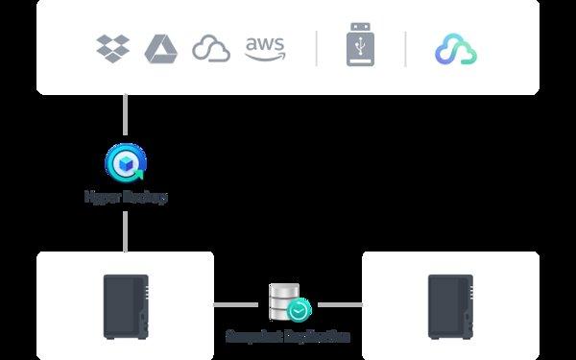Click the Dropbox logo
click(x=113, y=47)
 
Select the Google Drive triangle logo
click(x=160, y=48)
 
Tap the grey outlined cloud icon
click(x=211, y=48)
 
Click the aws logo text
click(x=264, y=43)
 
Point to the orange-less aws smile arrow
click(x=265, y=57)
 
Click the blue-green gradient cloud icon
click(x=455, y=49)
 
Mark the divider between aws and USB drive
click(x=317, y=48)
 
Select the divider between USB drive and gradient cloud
click(x=405, y=48)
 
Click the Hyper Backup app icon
click(x=126, y=162)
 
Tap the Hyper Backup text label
click(x=126, y=197)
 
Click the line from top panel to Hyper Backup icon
click(x=126, y=117)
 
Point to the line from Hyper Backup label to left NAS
click(x=126, y=230)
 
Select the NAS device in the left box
click(x=126, y=304)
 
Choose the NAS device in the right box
click(x=450, y=304)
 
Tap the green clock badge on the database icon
click(x=300, y=310)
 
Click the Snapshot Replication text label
click(x=288, y=337)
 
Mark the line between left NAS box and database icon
click(x=236, y=304)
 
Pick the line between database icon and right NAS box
click(x=340, y=304)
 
